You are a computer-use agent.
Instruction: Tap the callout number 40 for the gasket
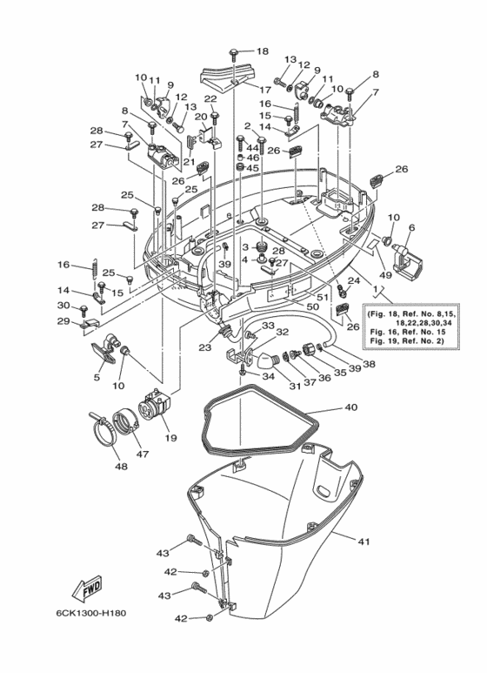pyautogui.click(x=350, y=407)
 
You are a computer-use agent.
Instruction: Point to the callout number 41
pyautogui.click(x=364, y=542)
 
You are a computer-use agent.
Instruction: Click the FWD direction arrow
pyautogui.click(x=90, y=590)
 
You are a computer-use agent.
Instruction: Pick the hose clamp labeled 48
pyautogui.click(x=105, y=431)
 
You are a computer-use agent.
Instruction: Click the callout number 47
pyautogui.click(x=142, y=454)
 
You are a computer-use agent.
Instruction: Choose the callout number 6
pyautogui.click(x=412, y=228)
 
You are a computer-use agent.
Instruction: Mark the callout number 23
pyautogui.click(x=204, y=347)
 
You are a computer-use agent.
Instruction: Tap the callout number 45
pyautogui.click(x=253, y=168)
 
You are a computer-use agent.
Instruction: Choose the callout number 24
pyautogui.click(x=355, y=280)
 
